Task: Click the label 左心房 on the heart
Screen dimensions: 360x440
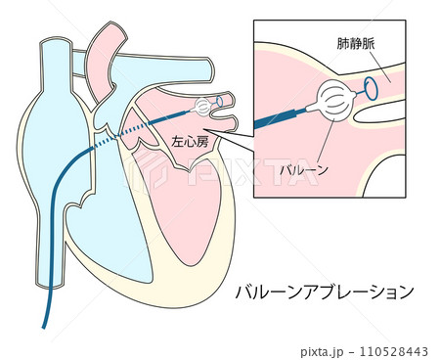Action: pyautogui.click(x=189, y=141)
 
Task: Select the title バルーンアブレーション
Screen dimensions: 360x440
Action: pyautogui.click(x=326, y=292)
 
